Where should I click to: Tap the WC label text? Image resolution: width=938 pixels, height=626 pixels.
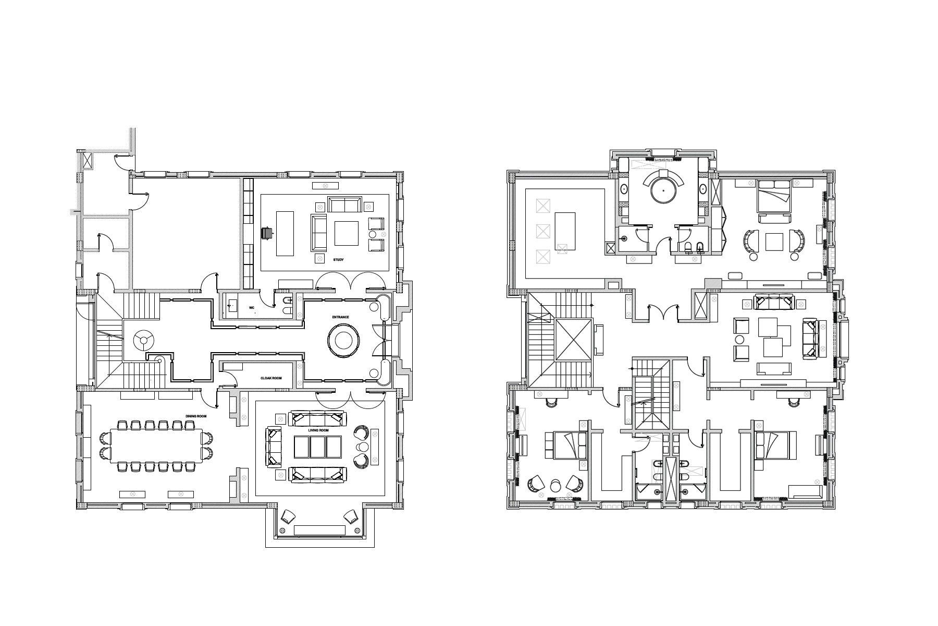coord(251,308)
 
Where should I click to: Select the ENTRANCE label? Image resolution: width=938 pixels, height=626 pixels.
coord(340,317)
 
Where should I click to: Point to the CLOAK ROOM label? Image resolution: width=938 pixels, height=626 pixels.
coord(271,378)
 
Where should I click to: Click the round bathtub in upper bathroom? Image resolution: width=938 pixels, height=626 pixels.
coord(663,191)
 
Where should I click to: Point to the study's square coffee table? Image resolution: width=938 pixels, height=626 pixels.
coord(346,233)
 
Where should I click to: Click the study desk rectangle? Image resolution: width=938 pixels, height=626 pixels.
coord(285,233)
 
